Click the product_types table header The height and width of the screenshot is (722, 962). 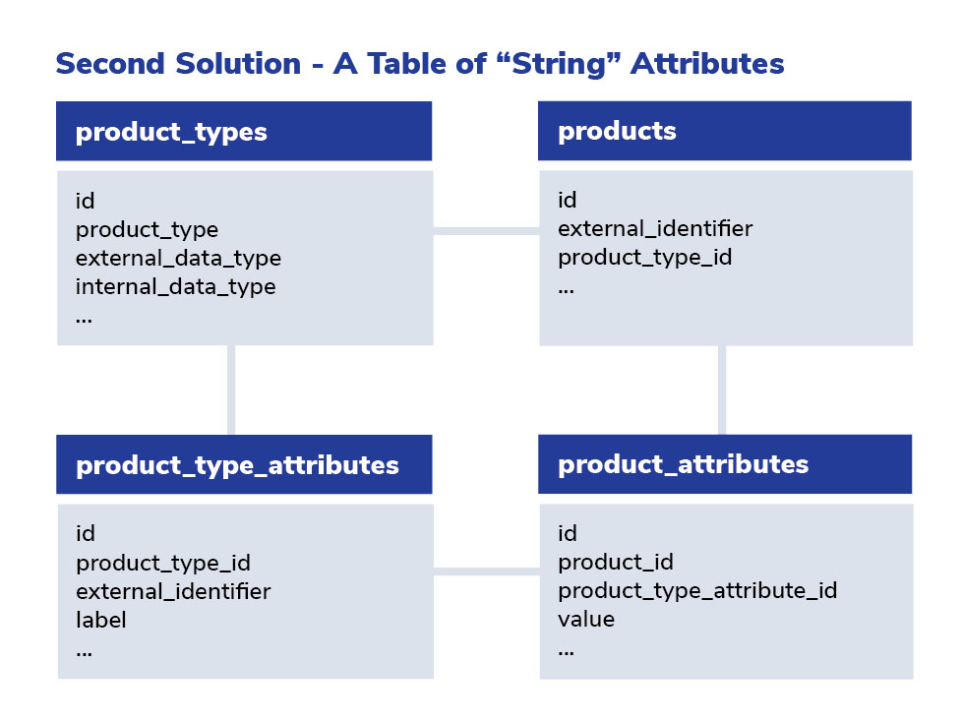click(244, 131)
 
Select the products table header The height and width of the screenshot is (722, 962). click(725, 131)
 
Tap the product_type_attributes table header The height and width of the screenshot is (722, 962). click(244, 464)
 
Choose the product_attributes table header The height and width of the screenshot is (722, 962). click(725, 463)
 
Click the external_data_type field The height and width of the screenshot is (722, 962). click(179, 259)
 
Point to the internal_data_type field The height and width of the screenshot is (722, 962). click(175, 287)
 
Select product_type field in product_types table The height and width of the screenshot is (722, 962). click(147, 230)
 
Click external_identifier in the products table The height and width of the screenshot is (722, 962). click(655, 228)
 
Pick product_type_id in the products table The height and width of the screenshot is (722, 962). click(645, 258)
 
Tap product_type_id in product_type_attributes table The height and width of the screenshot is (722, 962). click(163, 563)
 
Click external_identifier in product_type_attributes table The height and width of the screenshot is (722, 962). click(173, 591)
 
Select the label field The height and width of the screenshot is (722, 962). click(101, 620)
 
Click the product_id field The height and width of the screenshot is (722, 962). click(616, 562)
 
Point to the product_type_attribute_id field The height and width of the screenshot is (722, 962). click(697, 591)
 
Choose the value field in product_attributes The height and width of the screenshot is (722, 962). click(586, 620)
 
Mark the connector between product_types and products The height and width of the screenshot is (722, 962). click(486, 231)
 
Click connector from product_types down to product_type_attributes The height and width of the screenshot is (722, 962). click(231, 391)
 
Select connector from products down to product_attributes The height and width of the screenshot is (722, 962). click(722, 391)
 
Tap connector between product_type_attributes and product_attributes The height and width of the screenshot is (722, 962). click(487, 572)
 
